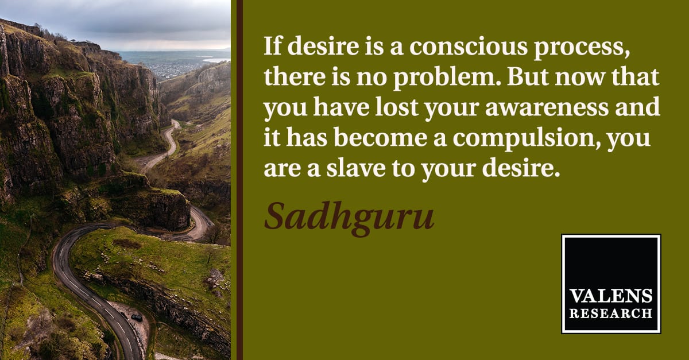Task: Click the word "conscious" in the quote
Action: pyautogui.click(x=469, y=46)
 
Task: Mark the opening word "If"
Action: pyautogui.click(x=273, y=46)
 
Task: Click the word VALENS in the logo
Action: pyautogui.click(x=611, y=296)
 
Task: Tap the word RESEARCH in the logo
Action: pyautogui.click(x=611, y=313)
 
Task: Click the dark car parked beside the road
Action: pyautogui.click(x=137, y=318)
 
